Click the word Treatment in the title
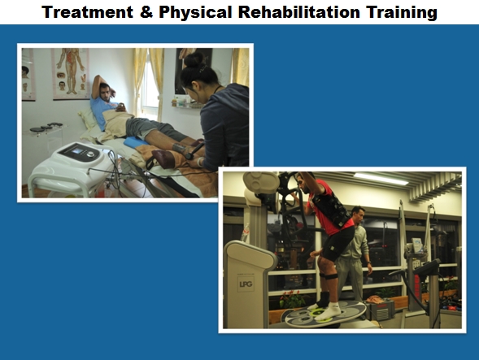click(x=87, y=12)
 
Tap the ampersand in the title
click(x=146, y=12)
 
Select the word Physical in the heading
click(x=195, y=13)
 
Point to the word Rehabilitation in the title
click(x=299, y=12)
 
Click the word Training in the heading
click(x=402, y=13)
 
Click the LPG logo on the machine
click(x=246, y=284)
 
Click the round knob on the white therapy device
click(x=91, y=154)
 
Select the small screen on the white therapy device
click(x=77, y=150)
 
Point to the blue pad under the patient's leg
click(x=135, y=142)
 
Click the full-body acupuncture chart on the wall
click(x=71, y=73)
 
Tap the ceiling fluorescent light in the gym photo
click(x=381, y=179)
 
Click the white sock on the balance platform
click(x=329, y=311)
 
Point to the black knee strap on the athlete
click(x=329, y=276)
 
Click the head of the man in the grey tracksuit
click(x=358, y=214)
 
